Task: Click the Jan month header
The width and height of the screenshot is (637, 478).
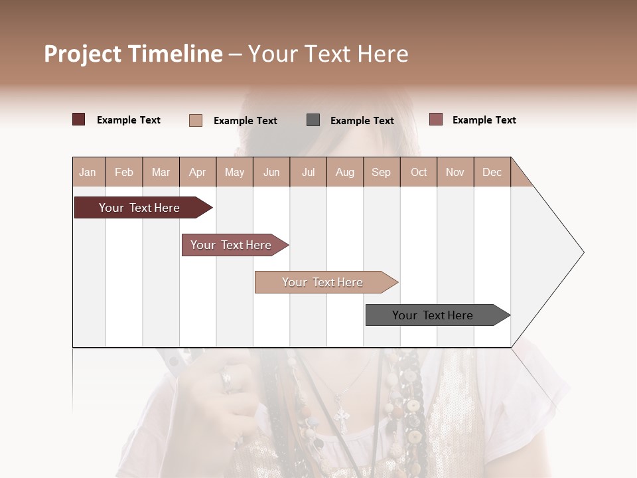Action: [88, 172]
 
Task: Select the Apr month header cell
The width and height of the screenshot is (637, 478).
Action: [197, 172]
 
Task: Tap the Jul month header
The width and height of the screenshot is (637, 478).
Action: [308, 172]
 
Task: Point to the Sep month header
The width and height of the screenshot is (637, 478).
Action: [381, 172]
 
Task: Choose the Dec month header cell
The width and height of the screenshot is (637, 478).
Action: [492, 172]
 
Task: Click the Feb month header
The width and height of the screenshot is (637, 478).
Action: [124, 172]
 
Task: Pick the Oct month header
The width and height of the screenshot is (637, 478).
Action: [419, 172]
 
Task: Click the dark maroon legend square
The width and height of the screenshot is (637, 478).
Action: [78, 119]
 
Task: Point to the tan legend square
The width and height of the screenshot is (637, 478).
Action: [196, 120]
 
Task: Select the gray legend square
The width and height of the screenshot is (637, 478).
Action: [313, 120]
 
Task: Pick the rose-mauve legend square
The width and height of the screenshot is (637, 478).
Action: [435, 119]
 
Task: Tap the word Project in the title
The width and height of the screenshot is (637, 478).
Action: [82, 54]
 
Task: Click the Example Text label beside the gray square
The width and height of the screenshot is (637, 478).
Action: [362, 121]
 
